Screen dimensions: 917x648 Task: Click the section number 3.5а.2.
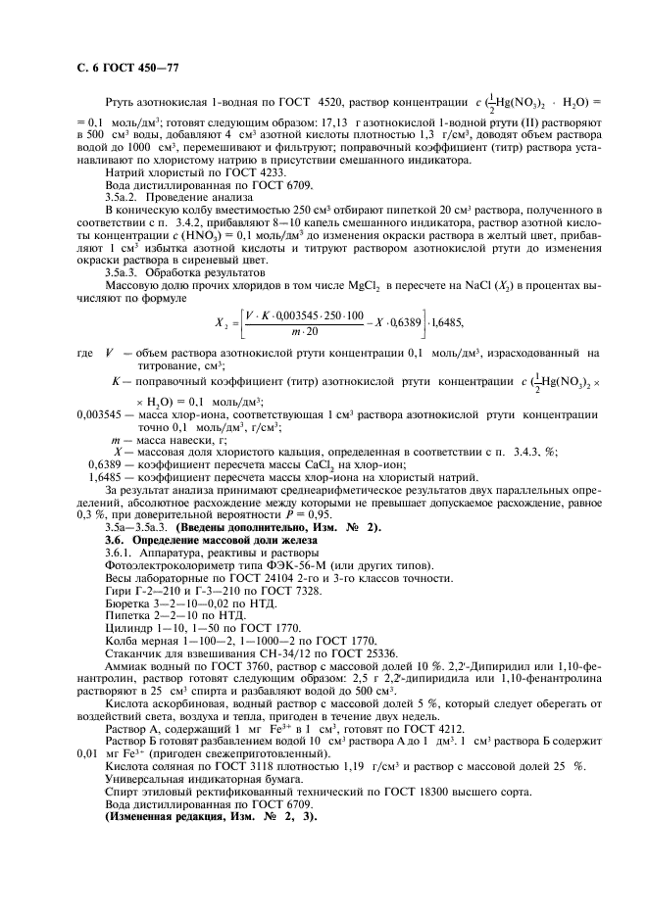click(x=124, y=196)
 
